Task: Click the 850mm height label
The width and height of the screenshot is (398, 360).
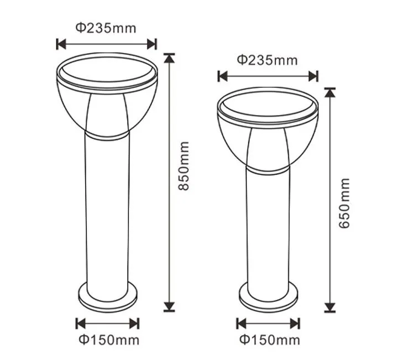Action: tap(184, 166)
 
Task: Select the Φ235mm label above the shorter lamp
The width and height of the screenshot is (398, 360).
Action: tap(267, 60)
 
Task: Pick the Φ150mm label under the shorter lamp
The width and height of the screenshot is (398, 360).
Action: tap(269, 339)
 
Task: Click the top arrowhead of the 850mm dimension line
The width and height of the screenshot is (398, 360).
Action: tap(169, 57)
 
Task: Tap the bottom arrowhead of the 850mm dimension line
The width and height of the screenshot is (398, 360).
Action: tap(169, 306)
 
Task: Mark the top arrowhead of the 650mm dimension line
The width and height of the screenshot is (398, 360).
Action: tap(330, 92)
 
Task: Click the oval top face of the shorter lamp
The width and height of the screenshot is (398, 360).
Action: tap(268, 105)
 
